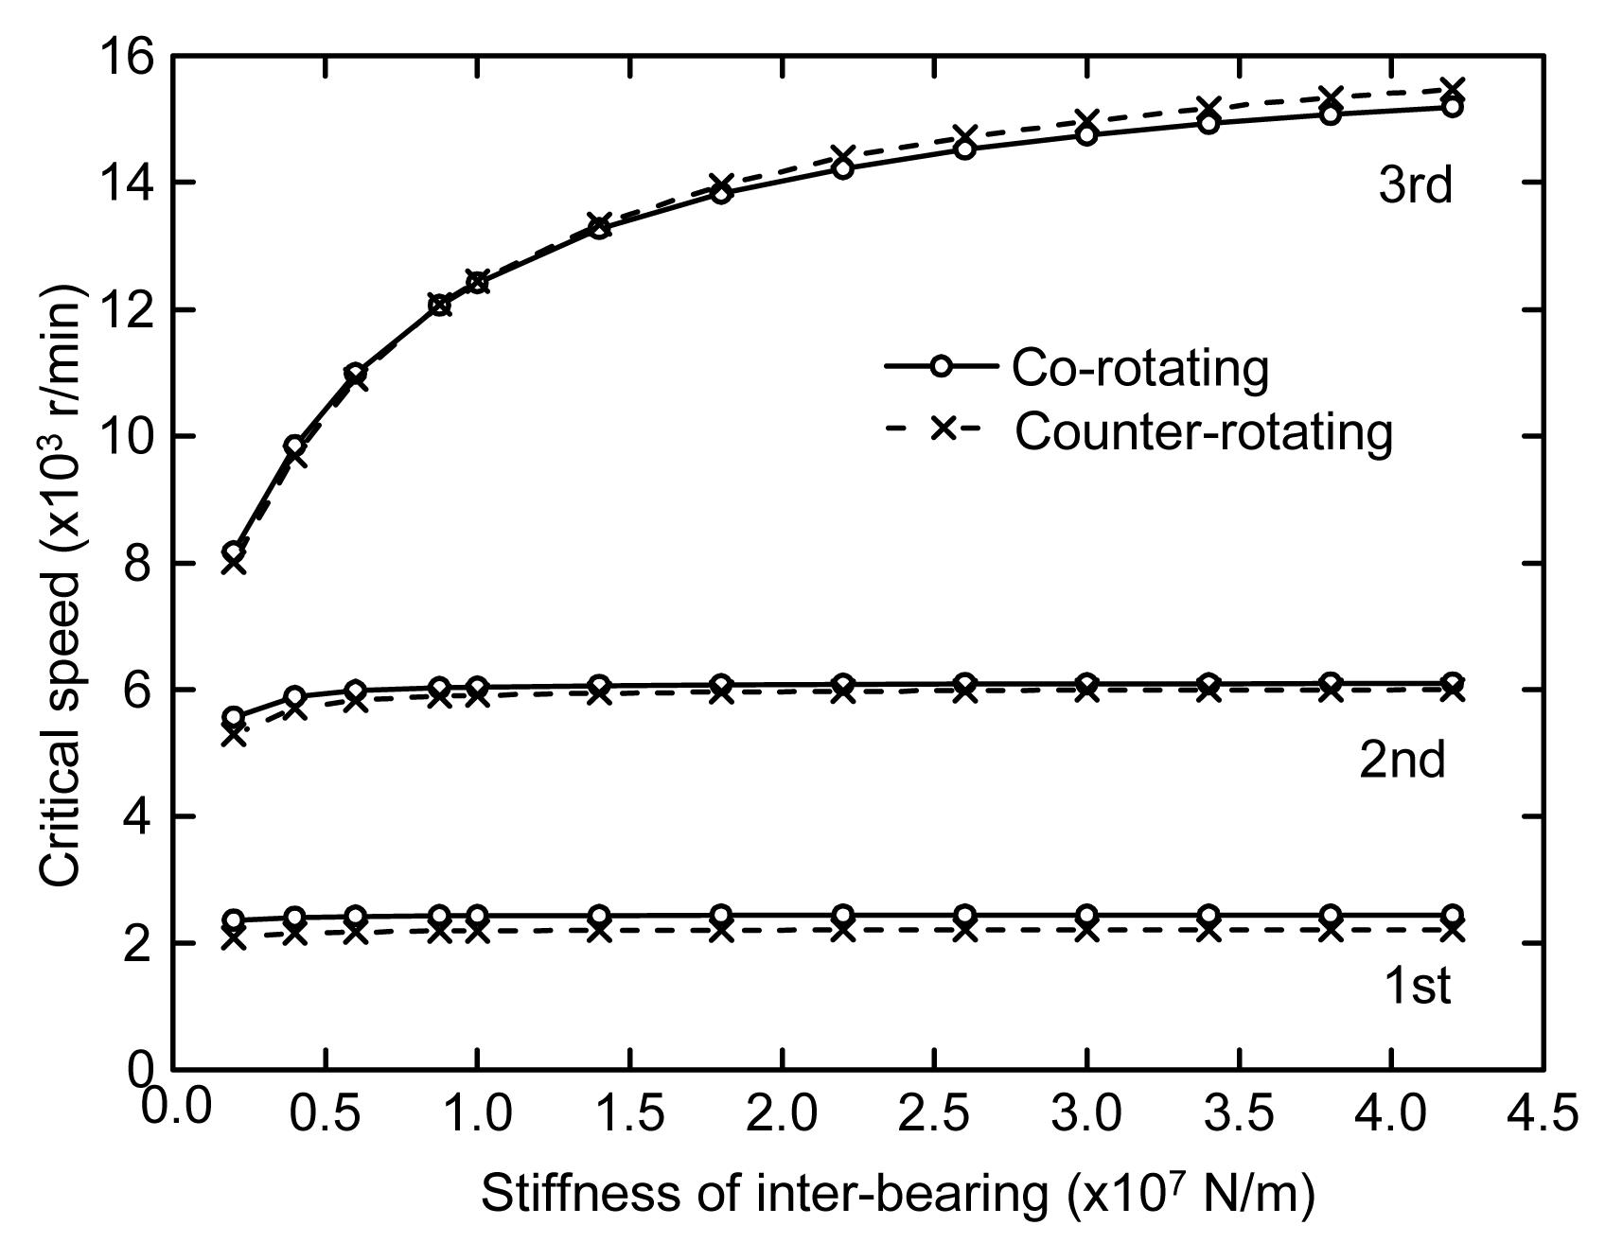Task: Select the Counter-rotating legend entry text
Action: pos(1204,432)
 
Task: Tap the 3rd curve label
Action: pos(1415,185)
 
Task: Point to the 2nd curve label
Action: pos(1402,759)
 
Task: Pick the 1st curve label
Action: pos(1417,986)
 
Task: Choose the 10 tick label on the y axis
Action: pos(127,437)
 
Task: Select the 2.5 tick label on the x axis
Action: pos(933,1112)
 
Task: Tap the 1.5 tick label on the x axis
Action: pos(628,1112)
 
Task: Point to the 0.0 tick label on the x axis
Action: pos(177,1107)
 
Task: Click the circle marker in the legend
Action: pos(941,366)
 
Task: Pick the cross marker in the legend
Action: pos(942,429)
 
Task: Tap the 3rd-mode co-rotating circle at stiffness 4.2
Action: pos(1452,107)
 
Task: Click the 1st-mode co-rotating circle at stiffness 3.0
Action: pos(1086,915)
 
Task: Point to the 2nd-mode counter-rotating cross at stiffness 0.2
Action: pos(234,734)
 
